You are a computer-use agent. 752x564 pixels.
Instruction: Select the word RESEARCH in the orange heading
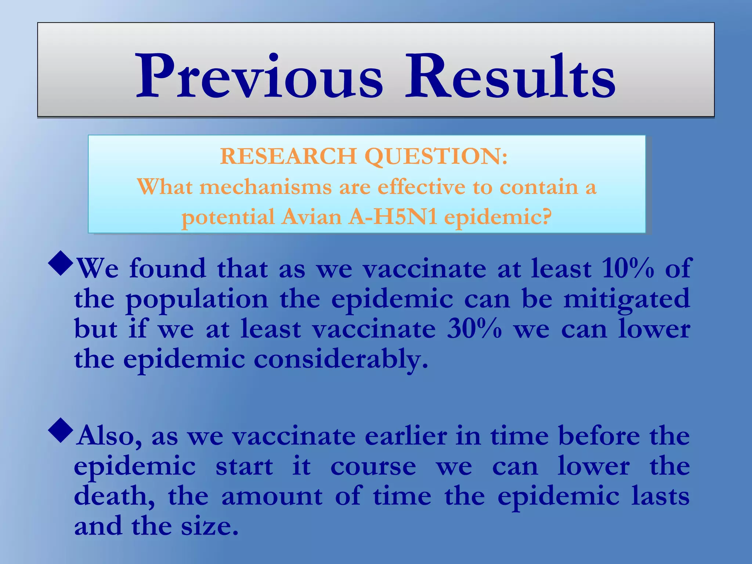tap(288, 156)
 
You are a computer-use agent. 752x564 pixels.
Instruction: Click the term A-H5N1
tap(393, 217)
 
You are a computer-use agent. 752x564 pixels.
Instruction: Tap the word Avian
tap(312, 217)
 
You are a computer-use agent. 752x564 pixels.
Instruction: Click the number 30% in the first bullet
tap(474, 329)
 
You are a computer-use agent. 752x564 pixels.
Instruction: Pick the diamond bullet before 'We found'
tap(61, 265)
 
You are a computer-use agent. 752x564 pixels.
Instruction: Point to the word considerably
tap(341, 359)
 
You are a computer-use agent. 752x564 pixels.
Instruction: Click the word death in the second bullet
tap(114, 496)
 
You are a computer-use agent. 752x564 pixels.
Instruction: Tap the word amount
tap(272, 496)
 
